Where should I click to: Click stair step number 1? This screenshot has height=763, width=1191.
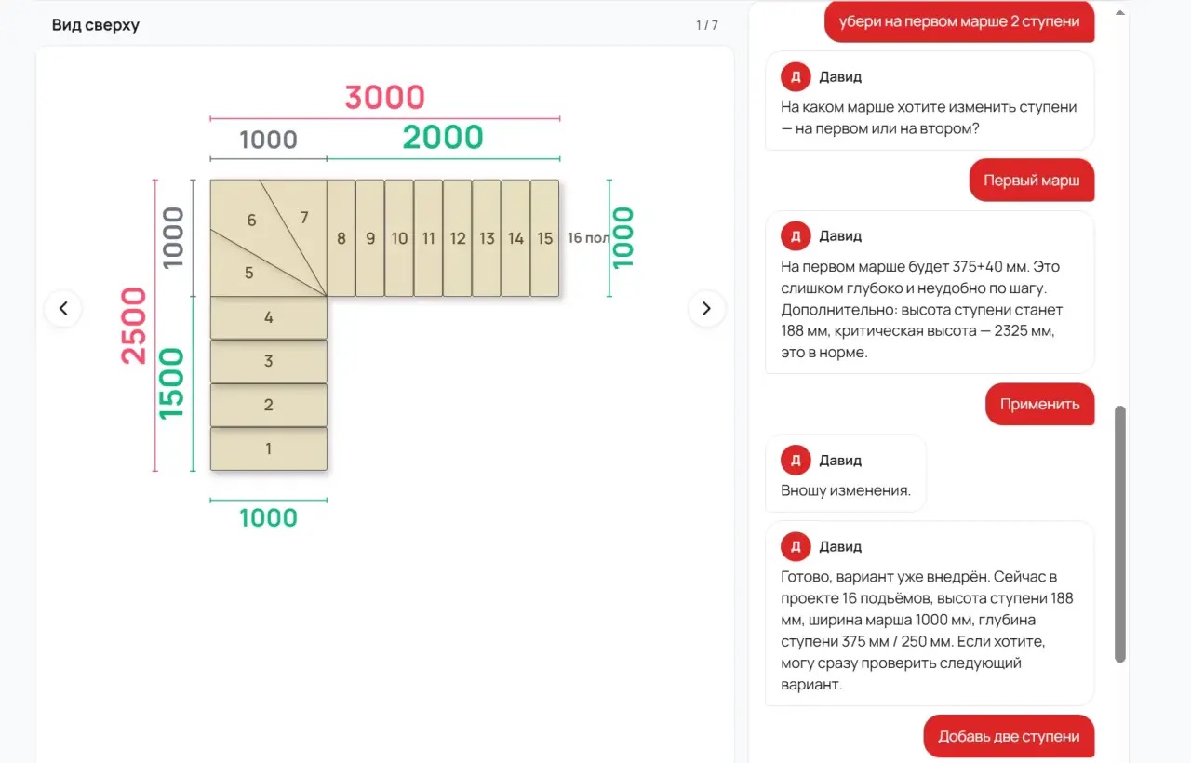pos(269,448)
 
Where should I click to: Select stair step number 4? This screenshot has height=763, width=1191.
pos(269,317)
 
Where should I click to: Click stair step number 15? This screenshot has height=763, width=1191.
pos(544,237)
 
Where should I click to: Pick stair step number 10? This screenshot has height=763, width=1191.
pos(399,237)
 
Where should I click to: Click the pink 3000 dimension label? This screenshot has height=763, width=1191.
pos(385,98)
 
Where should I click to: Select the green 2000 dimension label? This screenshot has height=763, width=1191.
pos(443,137)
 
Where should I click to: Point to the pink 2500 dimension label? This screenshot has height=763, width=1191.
pos(133,326)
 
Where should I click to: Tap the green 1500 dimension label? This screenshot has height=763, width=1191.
pos(171,384)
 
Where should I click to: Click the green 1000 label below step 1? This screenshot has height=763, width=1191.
pos(269,518)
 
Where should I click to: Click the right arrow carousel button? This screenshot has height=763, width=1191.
pos(706,308)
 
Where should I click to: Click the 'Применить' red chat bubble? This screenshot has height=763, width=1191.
pos(1039,404)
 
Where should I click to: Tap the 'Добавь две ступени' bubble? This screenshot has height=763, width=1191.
pos(1009,736)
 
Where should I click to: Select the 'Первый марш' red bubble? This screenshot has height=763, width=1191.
pos(1032,181)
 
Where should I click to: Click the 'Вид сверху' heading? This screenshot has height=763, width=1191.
pos(96,25)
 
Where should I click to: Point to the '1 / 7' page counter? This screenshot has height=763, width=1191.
pos(707,25)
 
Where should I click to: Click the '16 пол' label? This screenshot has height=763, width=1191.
pos(588,237)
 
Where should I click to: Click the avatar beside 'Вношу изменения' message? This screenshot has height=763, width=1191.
pos(796,460)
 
